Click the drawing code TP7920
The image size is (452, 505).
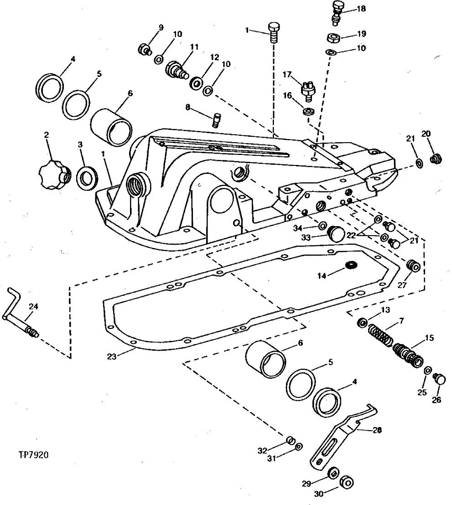click(x=33, y=454)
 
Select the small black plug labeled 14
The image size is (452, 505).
click(x=350, y=266)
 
